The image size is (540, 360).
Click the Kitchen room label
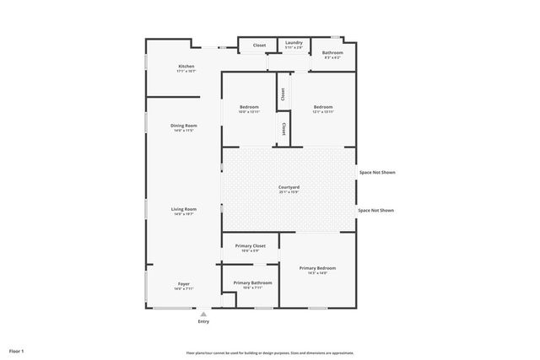click(186, 67)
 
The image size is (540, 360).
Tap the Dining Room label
click(184, 126)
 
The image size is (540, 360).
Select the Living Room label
click(184, 209)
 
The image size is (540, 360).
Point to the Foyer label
click(184, 284)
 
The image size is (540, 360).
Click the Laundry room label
click(294, 43)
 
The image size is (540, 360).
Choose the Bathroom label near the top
click(332, 53)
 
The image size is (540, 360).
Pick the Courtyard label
click(289, 187)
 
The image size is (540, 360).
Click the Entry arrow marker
click(203, 314)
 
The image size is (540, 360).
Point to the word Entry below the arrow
click(203, 321)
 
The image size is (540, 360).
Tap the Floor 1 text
click(17, 350)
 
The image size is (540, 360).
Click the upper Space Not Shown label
click(376, 172)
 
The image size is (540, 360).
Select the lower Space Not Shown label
click(376, 211)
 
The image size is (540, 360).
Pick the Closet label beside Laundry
click(259, 46)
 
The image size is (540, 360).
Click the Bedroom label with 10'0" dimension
click(249, 107)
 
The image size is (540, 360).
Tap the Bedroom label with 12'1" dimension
click(323, 107)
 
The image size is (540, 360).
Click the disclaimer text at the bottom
click(270, 352)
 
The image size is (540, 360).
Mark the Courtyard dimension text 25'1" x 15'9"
click(289, 192)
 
